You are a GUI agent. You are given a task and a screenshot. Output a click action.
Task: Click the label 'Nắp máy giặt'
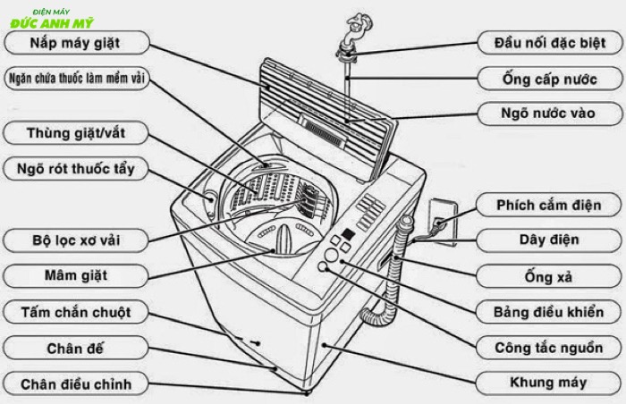pos(74,42)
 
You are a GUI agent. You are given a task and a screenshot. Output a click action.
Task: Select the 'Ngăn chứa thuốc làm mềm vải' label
pos(74,78)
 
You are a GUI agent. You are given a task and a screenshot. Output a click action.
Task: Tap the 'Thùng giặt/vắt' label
pos(74,134)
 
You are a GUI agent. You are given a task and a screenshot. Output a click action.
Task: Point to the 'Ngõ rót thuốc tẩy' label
pos(74,168)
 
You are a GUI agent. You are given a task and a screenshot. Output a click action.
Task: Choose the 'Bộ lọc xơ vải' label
pos(74,240)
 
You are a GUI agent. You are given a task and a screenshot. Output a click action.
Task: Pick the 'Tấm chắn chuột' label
pos(74,312)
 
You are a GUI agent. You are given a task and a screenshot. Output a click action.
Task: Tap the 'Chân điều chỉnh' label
pos(74,384)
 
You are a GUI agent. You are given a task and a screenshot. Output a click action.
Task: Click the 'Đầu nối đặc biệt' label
pos(548,42)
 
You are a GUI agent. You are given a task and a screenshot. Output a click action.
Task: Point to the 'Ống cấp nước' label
pos(548,79)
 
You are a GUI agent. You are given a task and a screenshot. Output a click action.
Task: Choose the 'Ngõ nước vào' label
pos(548,114)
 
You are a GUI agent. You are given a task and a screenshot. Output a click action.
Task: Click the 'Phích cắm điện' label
pos(548,205)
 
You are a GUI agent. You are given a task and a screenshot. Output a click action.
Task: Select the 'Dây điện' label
pos(548,240)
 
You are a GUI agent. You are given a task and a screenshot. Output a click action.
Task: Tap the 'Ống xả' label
pos(548,276)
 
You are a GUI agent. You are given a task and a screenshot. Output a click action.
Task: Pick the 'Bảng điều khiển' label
pos(548,312)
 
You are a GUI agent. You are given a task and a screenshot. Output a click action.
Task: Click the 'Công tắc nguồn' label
pos(548,347)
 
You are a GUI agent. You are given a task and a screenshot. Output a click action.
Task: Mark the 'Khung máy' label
pos(548,383)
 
